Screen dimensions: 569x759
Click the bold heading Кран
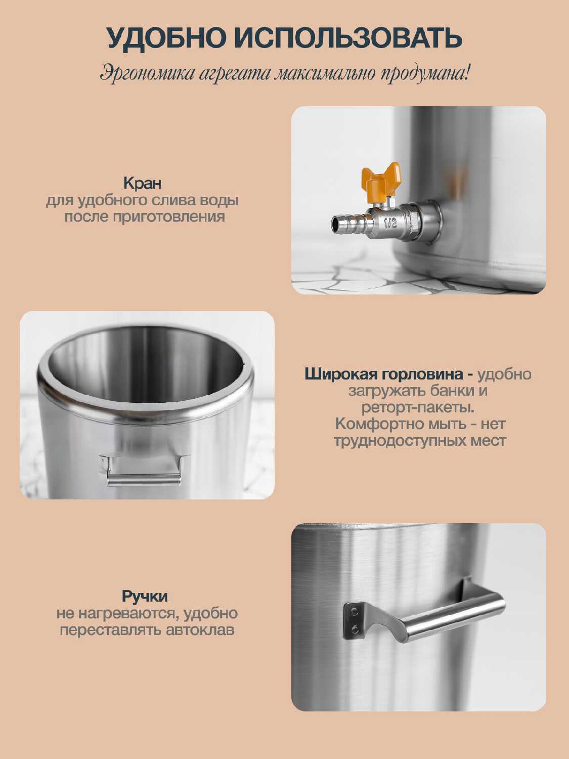142,183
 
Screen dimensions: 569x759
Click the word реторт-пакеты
418,408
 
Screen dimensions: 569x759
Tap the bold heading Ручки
145,597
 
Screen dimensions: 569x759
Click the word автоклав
200,630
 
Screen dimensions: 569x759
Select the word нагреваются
128,614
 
